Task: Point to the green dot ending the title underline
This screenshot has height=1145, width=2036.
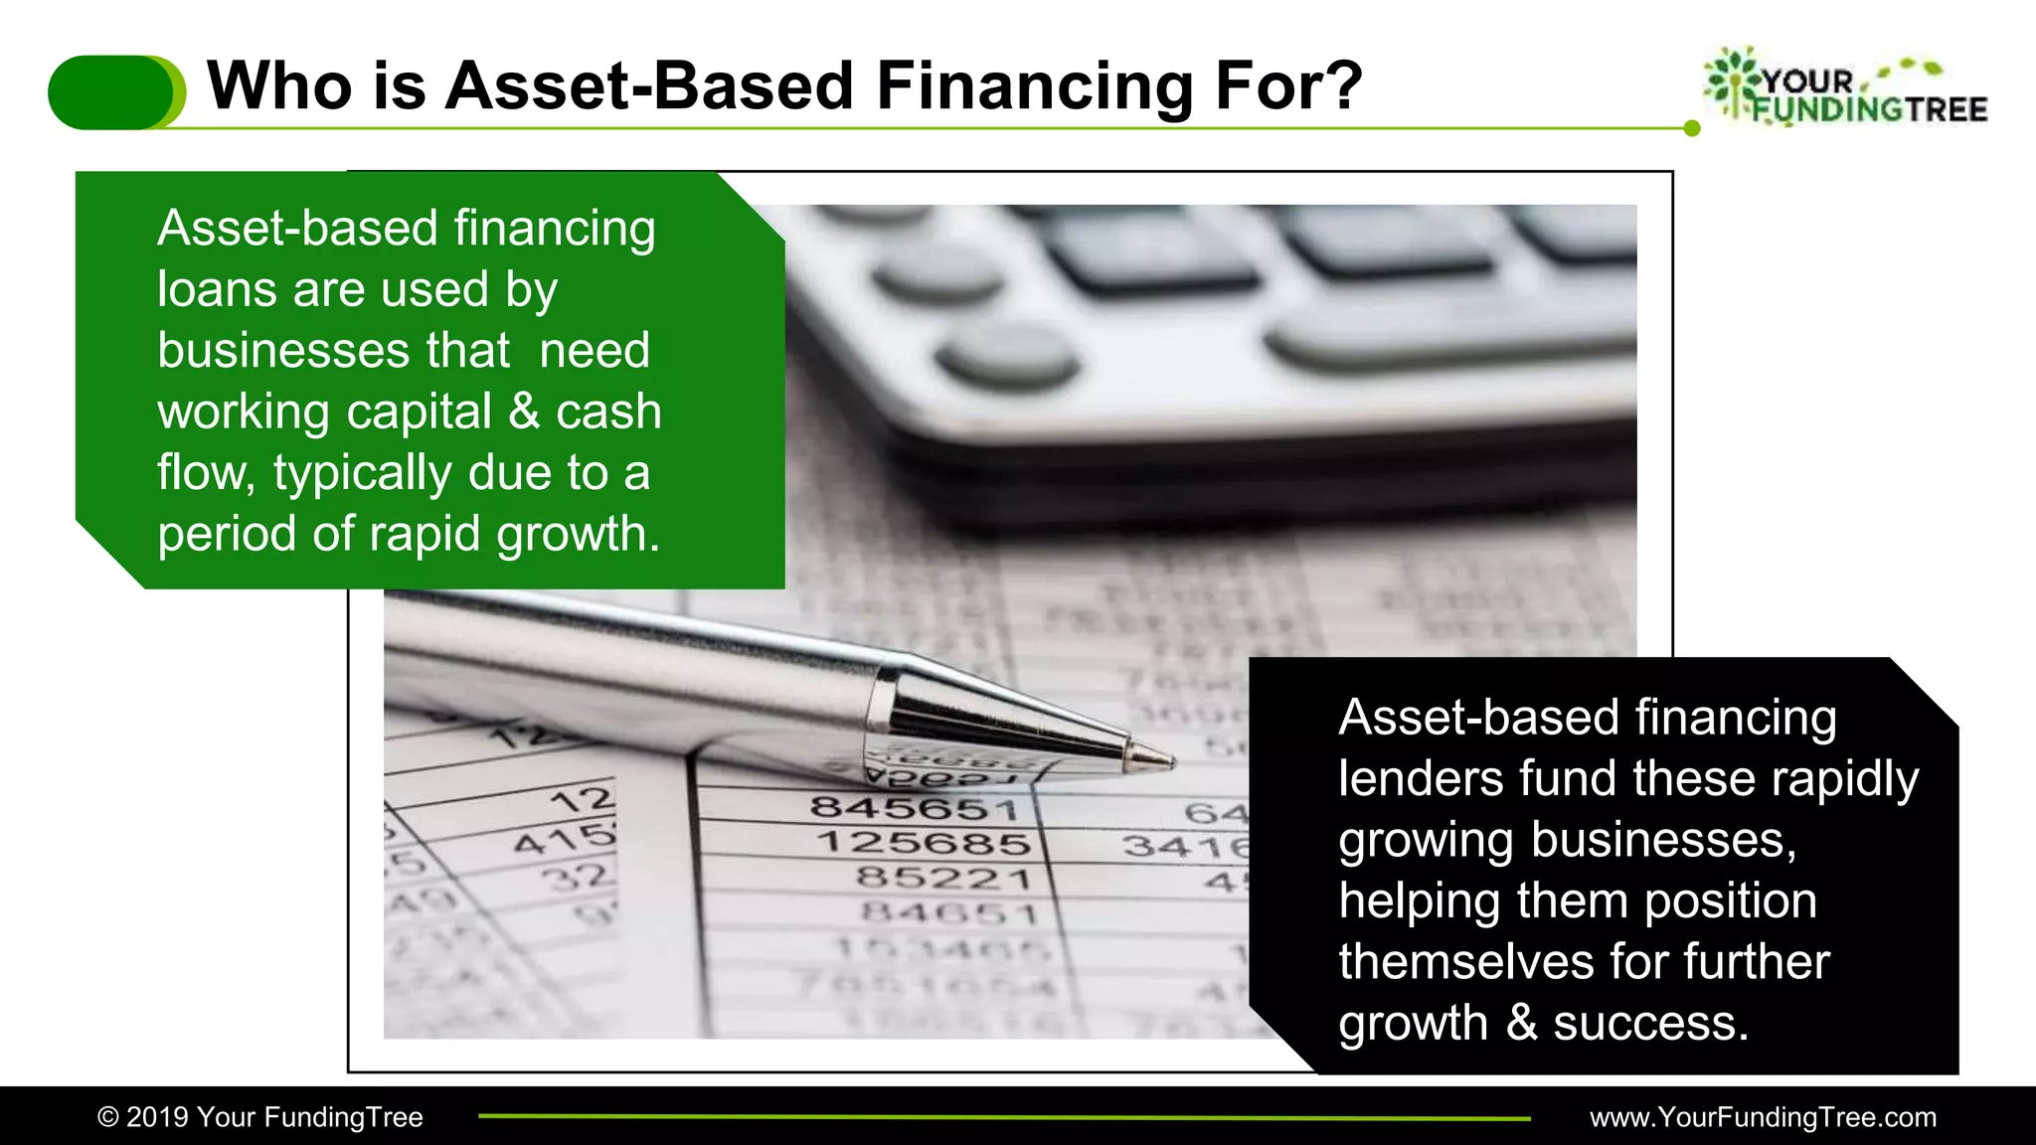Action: click(x=1692, y=128)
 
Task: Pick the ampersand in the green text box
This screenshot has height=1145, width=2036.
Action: click(x=524, y=411)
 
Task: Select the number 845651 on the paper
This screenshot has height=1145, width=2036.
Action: click(x=915, y=808)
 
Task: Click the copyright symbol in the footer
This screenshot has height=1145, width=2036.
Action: click(x=107, y=1117)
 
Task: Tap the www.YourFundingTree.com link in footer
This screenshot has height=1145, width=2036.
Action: click(x=1763, y=1117)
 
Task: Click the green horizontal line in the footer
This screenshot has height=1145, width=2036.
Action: click(x=1004, y=1117)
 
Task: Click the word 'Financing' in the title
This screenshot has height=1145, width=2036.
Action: click(x=1034, y=85)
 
